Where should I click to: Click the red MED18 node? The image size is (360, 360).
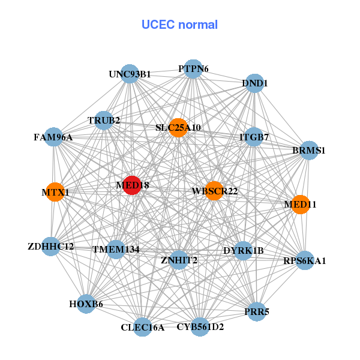coord(132,185)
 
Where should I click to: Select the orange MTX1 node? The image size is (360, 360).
coord(55,192)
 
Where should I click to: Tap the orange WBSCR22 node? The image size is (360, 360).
coord(214,191)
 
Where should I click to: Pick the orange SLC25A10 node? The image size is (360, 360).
coord(178,127)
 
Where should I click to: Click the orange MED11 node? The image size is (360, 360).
coord(300,204)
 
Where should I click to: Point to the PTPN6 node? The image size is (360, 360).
coord(193,69)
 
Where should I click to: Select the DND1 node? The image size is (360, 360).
coord(254,83)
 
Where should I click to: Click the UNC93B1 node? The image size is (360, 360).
coord(130,74)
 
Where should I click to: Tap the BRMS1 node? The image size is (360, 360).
coord(308,150)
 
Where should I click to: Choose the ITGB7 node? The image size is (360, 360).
coord(254,137)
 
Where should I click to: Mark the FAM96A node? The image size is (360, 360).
coord(54,137)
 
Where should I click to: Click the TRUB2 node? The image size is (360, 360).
coord(104,121)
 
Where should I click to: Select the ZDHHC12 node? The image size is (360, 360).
coord(51,246)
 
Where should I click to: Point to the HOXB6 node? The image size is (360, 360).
coord(86,304)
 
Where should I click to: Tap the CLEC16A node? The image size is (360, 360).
coord(142,326)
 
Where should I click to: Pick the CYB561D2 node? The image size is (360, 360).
coord(200,326)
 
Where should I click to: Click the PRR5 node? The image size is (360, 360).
coord(257,311)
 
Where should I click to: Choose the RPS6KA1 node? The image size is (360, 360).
coord(305,260)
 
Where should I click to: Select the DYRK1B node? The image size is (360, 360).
coord(243,250)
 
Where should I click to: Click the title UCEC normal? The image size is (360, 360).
coord(179,25)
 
